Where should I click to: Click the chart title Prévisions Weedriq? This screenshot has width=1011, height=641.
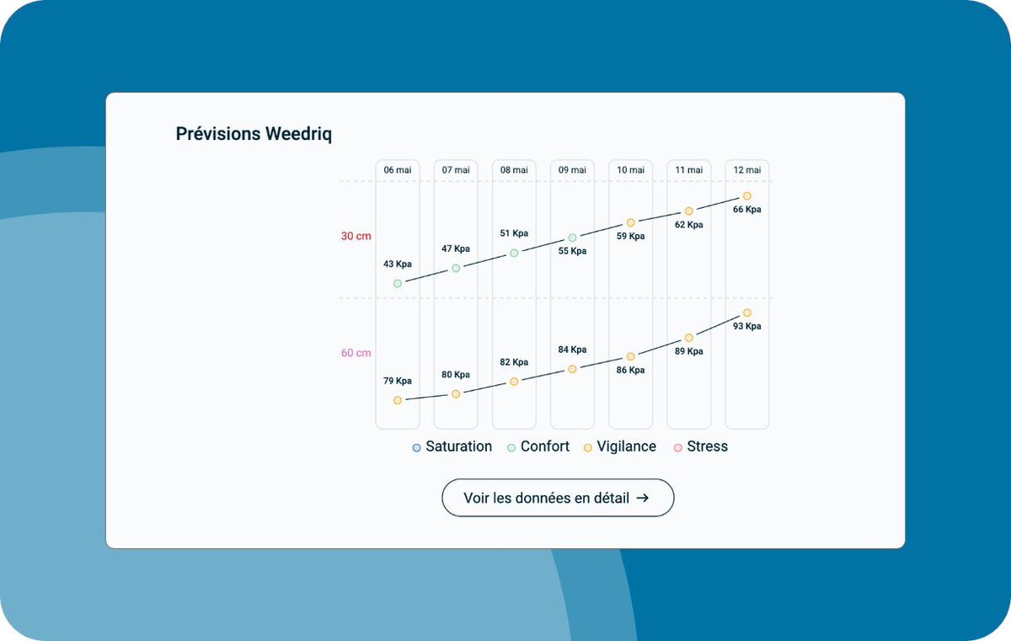point(254,134)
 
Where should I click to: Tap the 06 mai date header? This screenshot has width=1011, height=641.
point(398,170)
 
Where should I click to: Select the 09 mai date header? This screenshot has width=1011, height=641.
point(572,170)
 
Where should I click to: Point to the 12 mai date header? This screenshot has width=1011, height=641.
point(747,170)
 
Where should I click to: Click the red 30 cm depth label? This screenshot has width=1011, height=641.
point(356,237)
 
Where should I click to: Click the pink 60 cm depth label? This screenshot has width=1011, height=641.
point(356,353)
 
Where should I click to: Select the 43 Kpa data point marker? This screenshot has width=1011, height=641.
point(398,284)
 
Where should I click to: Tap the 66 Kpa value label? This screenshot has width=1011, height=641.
point(747,210)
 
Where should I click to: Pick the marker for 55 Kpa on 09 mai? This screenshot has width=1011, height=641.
point(572,238)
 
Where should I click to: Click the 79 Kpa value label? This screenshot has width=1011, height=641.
point(398,381)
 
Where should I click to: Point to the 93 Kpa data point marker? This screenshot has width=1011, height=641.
point(747,313)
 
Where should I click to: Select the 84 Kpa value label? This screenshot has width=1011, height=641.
point(572,350)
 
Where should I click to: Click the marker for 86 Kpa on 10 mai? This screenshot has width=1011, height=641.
point(630,357)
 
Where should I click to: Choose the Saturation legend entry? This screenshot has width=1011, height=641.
point(452,447)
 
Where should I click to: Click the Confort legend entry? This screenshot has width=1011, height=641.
point(538,447)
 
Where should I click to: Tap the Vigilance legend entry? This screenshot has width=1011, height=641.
point(620,447)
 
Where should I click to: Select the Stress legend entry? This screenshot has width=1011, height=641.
point(701,447)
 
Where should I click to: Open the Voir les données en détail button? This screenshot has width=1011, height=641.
point(558,498)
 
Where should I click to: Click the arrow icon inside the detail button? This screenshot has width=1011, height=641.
point(643,498)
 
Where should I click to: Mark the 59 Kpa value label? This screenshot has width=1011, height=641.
point(630,237)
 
